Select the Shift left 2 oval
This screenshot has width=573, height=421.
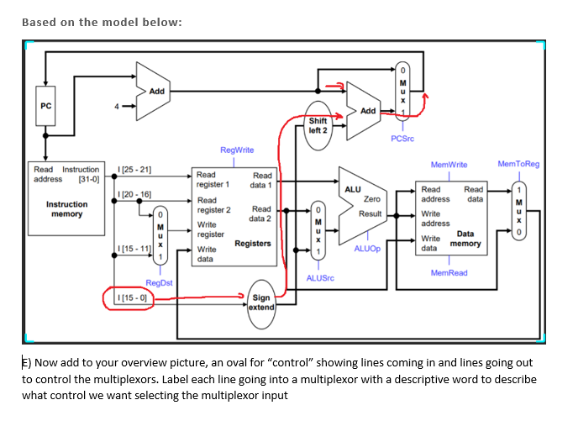coord(318,125)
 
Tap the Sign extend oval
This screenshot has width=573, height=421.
coord(261,303)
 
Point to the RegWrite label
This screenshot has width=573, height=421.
coord(236,150)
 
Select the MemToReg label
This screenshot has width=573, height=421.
coord(518,165)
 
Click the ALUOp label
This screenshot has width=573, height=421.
coord(367,249)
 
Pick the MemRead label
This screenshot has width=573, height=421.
coord(448,273)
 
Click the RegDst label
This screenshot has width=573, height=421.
coord(159,283)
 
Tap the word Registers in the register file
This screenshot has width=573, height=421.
coord(252,244)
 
